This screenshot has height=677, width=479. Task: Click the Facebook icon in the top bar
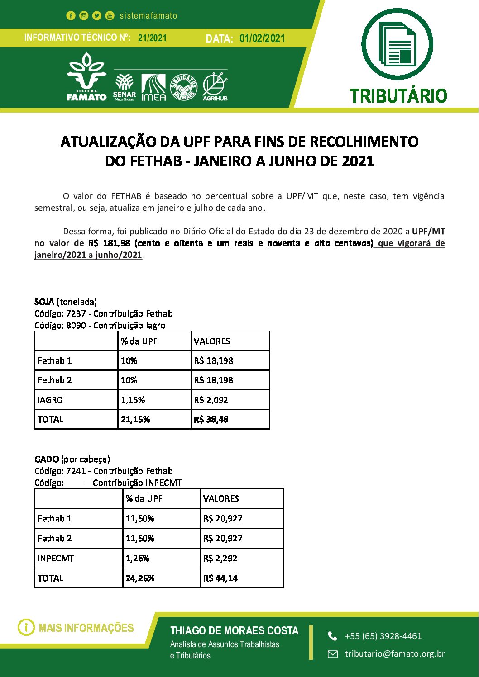click(x=71, y=16)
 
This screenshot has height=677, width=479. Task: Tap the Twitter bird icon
click(x=97, y=16)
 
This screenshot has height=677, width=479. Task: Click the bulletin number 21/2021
click(x=152, y=38)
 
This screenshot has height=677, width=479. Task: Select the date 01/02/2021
click(x=262, y=38)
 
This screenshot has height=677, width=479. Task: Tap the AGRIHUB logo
click(x=215, y=86)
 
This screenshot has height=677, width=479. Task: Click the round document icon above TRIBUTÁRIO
click(x=398, y=44)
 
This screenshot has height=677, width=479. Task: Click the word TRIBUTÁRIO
click(x=398, y=96)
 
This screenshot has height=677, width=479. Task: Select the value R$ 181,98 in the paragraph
click(x=109, y=243)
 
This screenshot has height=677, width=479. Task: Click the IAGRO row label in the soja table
click(x=50, y=400)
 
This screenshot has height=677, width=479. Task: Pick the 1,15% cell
click(x=133, y=400)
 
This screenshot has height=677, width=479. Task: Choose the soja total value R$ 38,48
click(x=211, y=420)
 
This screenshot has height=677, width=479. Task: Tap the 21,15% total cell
click(x=135, y=420)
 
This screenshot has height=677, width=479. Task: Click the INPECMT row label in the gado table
click(x=56, y=558)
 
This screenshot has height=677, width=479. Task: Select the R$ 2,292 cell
click(x=220, y=558)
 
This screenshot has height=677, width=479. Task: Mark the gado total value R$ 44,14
click(x=220, y=578)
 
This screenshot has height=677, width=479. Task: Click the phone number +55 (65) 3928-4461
click(x=383, y=636)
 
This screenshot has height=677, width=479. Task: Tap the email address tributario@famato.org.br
click(x=395, y=653)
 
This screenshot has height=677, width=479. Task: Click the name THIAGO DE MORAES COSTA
click(x=234, y=631)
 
